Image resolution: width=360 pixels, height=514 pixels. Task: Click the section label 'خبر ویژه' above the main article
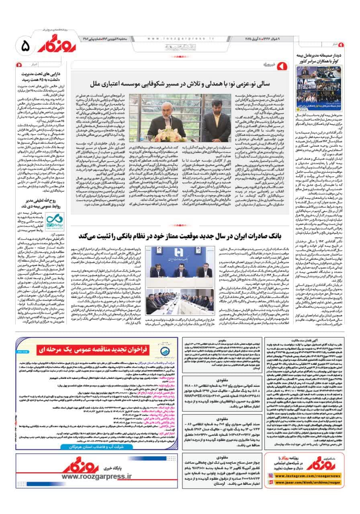tap(272, 65)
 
